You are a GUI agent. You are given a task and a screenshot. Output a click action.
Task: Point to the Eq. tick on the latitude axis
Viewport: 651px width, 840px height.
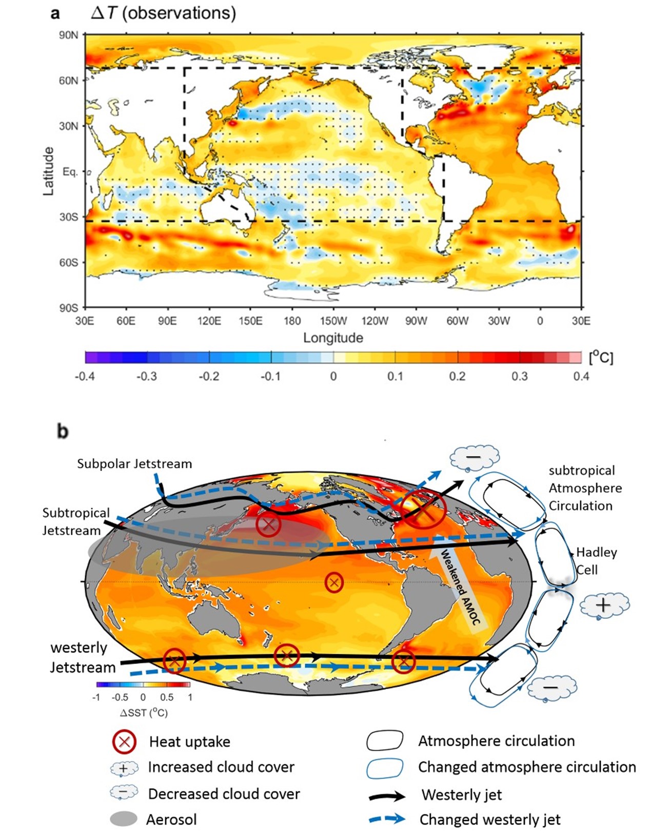pos(70,171)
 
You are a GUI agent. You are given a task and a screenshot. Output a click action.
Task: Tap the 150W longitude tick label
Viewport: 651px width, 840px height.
pos(333,321)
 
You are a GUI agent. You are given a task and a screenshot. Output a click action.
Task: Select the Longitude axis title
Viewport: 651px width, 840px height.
pos(333,338)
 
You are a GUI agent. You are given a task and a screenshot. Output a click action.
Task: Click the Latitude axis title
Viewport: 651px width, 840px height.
pos(48,171)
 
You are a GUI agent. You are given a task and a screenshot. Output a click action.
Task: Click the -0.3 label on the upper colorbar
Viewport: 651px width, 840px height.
pos(147,376)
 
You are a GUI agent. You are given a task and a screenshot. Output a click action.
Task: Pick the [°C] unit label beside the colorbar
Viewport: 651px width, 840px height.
pos(601,357)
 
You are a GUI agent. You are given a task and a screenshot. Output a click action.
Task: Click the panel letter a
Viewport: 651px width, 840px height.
pos(55,13)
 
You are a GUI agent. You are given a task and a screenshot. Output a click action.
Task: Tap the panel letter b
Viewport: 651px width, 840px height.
pos(63,431)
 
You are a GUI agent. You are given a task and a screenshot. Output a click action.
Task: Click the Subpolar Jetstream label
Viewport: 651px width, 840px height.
pos(134,464)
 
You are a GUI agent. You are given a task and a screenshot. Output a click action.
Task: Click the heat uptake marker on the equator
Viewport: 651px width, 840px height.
pos(334,582)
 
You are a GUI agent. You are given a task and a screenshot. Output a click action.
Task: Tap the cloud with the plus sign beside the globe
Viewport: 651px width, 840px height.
pos(604,605)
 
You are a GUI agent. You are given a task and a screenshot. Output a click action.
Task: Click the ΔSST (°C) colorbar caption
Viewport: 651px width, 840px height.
pos(144,713)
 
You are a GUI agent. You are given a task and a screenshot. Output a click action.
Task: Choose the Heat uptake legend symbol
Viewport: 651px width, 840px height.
pos(124,741)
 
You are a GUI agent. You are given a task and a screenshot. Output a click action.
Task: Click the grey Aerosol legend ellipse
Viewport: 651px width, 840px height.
pos(124,819)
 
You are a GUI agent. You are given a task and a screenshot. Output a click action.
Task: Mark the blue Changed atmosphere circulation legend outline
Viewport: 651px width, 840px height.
pos(385,768)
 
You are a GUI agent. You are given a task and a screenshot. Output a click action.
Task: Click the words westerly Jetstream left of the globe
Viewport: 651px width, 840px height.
pos(83,657)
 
